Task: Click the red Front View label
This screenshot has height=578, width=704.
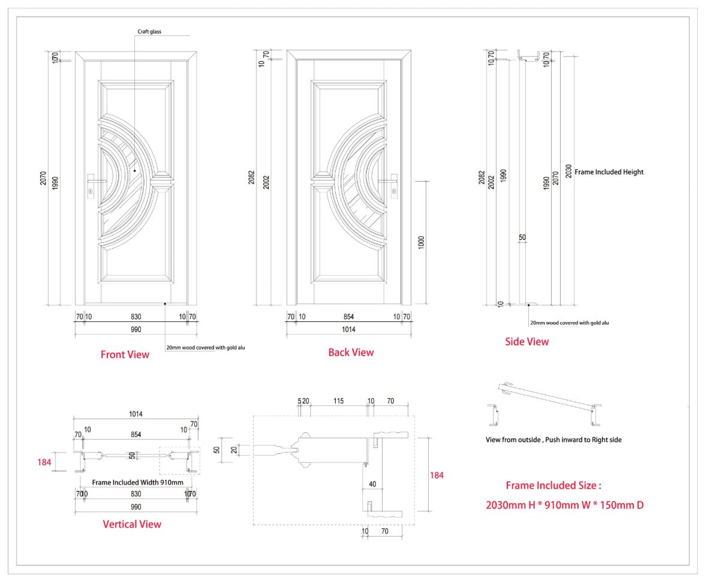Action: pos(125,354)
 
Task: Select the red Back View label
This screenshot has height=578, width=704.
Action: pos(351,353)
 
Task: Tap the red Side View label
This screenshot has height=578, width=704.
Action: pos(527,342)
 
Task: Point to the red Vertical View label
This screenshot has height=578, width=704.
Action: pos(132,524)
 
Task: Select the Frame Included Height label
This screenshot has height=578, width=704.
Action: pos(609,172)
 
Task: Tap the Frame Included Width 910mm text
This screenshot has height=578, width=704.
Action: pos(138,481)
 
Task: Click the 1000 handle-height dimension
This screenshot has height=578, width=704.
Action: pos(421,242)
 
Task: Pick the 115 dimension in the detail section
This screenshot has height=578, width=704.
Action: pos(338,401)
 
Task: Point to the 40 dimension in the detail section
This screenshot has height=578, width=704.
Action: pos(372,484)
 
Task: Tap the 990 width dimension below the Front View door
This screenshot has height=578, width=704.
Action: pos(136,329)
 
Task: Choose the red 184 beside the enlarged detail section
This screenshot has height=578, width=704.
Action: pos(437,475)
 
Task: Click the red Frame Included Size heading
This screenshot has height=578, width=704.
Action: pos(553,485)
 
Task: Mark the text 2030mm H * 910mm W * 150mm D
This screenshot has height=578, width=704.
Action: pos(564,505)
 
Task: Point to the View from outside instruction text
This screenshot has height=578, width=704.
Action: pos(553,439)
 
